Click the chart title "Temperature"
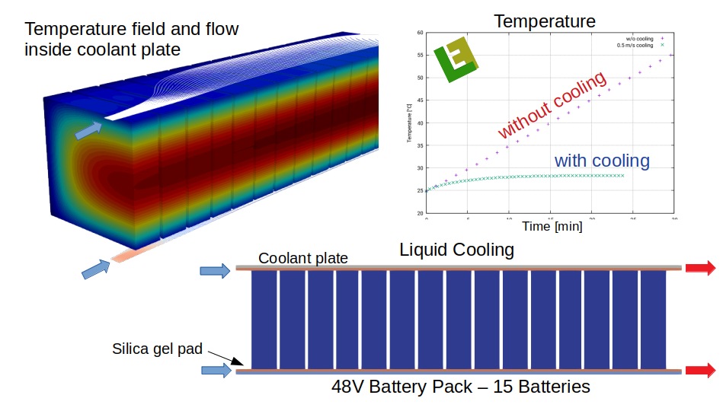coord(545,21)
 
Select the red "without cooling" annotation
coord(552,104)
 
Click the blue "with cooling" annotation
coord(602,161)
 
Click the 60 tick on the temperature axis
coord(420,33)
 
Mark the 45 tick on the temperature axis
coord(420,100)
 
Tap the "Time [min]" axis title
coord(552,226)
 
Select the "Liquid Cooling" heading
coord(456,250)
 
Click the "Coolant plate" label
coord(303,258)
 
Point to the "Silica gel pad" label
coord(157,349)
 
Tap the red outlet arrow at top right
coord(700,267)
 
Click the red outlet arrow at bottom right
coord(700,371)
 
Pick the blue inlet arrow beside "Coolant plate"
coord(215,270)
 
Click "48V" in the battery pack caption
coord(349,387)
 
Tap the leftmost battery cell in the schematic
coord(264,319)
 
